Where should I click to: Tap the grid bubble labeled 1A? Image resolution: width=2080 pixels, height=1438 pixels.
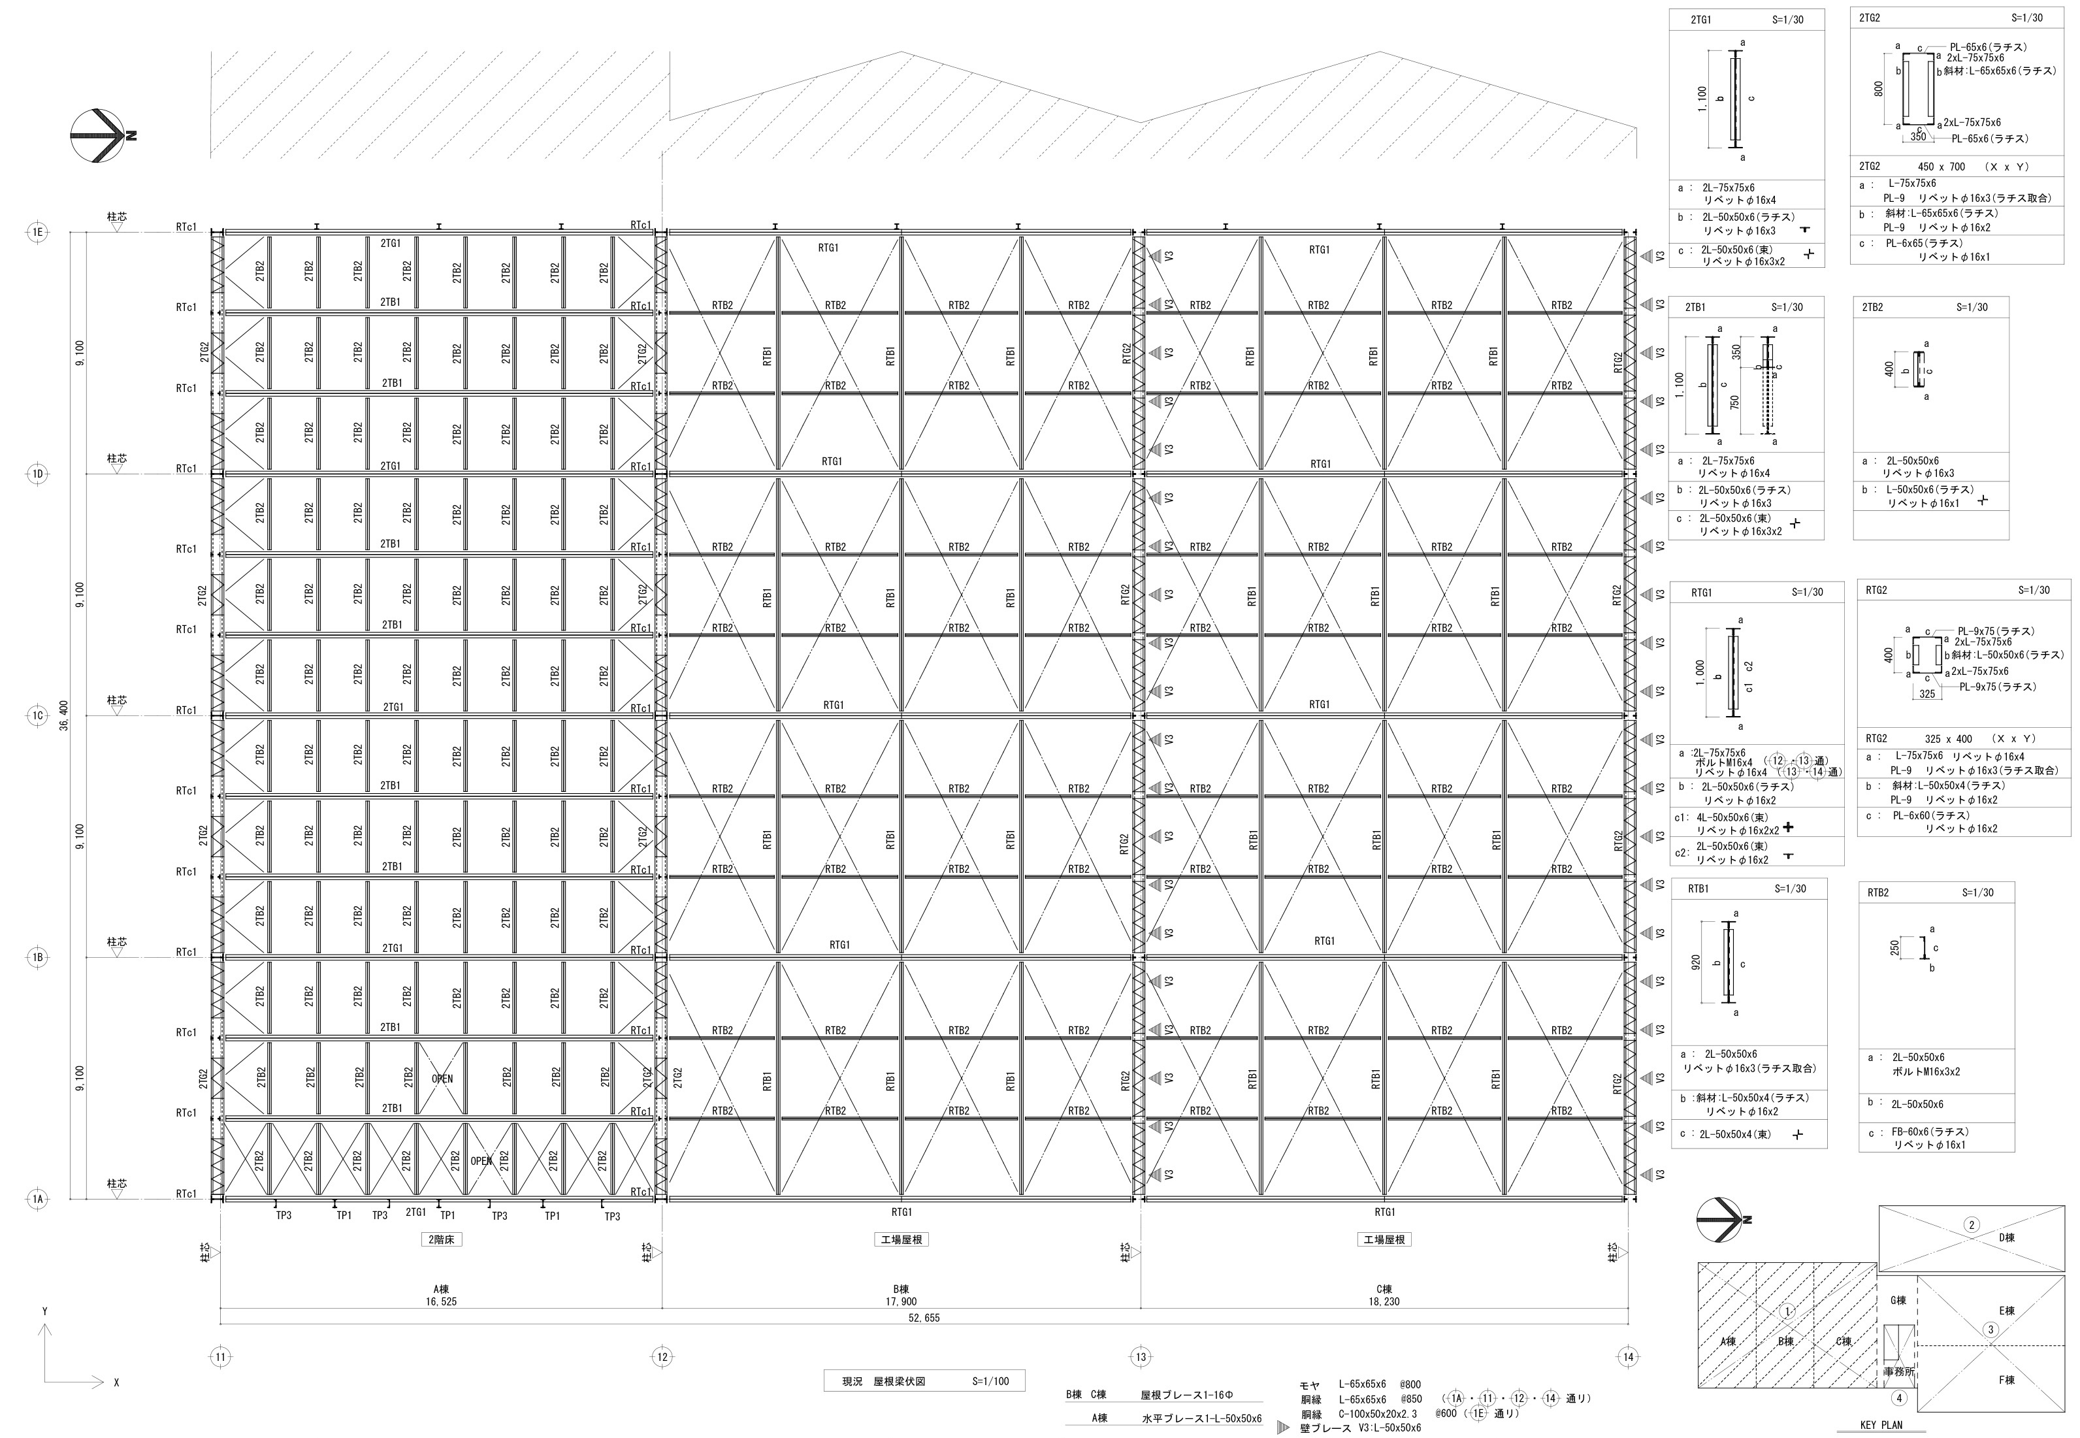point(38,1200)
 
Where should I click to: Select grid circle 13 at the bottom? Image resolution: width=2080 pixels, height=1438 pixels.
point(1141,1357)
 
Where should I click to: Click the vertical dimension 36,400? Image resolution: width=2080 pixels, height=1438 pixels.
point(65,715)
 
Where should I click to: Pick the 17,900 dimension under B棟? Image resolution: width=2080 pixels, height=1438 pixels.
point(901,1302)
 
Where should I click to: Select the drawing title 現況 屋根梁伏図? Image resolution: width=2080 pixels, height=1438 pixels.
point(884,1381)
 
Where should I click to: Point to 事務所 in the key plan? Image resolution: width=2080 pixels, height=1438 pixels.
point(1899,1371)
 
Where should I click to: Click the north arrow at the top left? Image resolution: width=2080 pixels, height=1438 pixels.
point(97,136)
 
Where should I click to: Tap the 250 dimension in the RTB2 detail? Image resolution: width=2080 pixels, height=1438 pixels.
point(1894,948)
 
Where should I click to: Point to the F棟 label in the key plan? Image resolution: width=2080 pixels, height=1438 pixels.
point(2007,1379)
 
